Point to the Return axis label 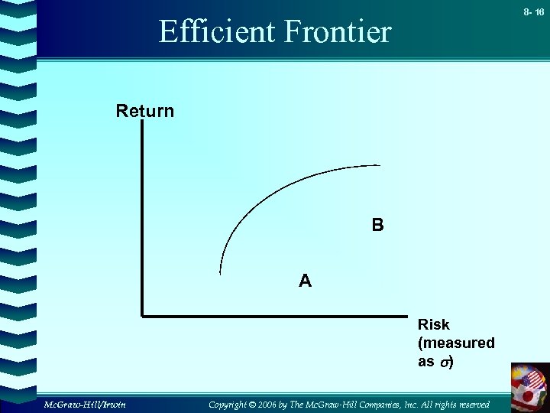(144, 112)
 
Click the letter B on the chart (378, 226)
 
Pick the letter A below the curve (305, 281)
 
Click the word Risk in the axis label (433, 325)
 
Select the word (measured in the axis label (456, 343)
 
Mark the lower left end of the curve (220, 272)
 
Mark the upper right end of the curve (378, 165)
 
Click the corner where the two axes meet (143, 314)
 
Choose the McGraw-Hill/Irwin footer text (85, 404)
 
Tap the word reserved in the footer (471, 404)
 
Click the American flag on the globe (533, 380)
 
